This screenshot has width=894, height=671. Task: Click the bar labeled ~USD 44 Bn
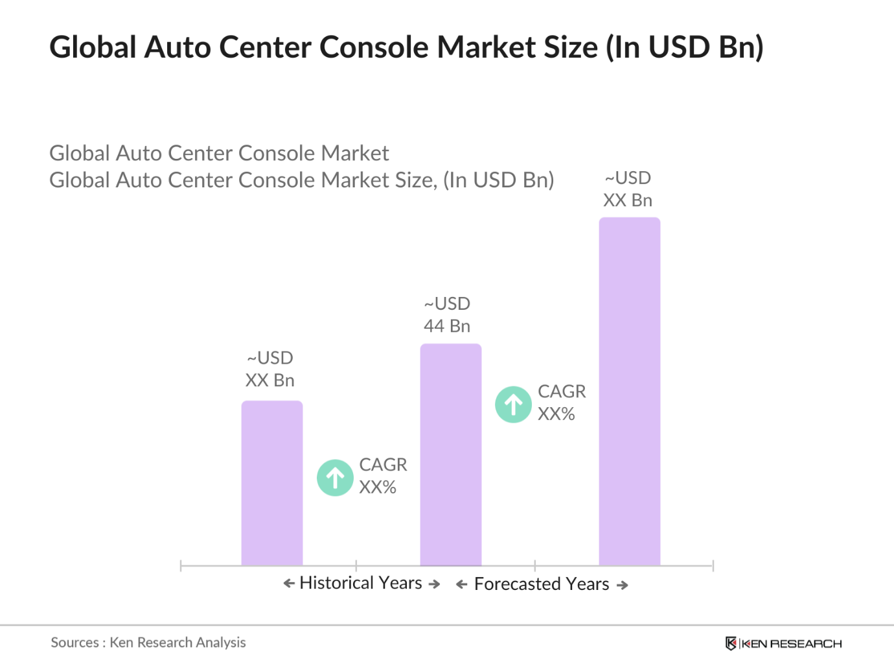(x=450, y=454)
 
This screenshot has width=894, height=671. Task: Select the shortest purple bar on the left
(x=271, y=483)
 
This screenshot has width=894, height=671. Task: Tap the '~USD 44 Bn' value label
(x=447, y=315)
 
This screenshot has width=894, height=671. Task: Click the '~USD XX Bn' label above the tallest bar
(x=627, y=189)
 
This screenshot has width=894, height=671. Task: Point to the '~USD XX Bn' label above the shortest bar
(x=269, y=370)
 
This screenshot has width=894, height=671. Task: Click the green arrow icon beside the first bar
(x=335, y=478)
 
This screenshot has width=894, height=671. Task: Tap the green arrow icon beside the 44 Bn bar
(x=513, y=405)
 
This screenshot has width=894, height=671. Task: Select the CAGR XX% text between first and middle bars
(x=382, y=476)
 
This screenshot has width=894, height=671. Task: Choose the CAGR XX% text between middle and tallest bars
(x=561, y=403)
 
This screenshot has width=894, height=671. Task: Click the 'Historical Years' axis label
(x=361, y=583)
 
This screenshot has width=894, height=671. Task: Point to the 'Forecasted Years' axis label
(x=542, y=584)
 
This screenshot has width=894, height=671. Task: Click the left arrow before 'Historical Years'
(x=289, y=584)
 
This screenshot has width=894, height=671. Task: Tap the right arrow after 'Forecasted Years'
(x=623, y=585)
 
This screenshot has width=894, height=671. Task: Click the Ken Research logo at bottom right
(x=783, y=643)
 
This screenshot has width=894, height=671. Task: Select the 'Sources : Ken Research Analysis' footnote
(x=148, y=642)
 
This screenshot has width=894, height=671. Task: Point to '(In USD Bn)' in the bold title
(x=685, y=47)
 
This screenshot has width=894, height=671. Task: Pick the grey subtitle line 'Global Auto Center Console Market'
(x=219, y=153)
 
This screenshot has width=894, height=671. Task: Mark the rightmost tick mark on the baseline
(x=713, y=566)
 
